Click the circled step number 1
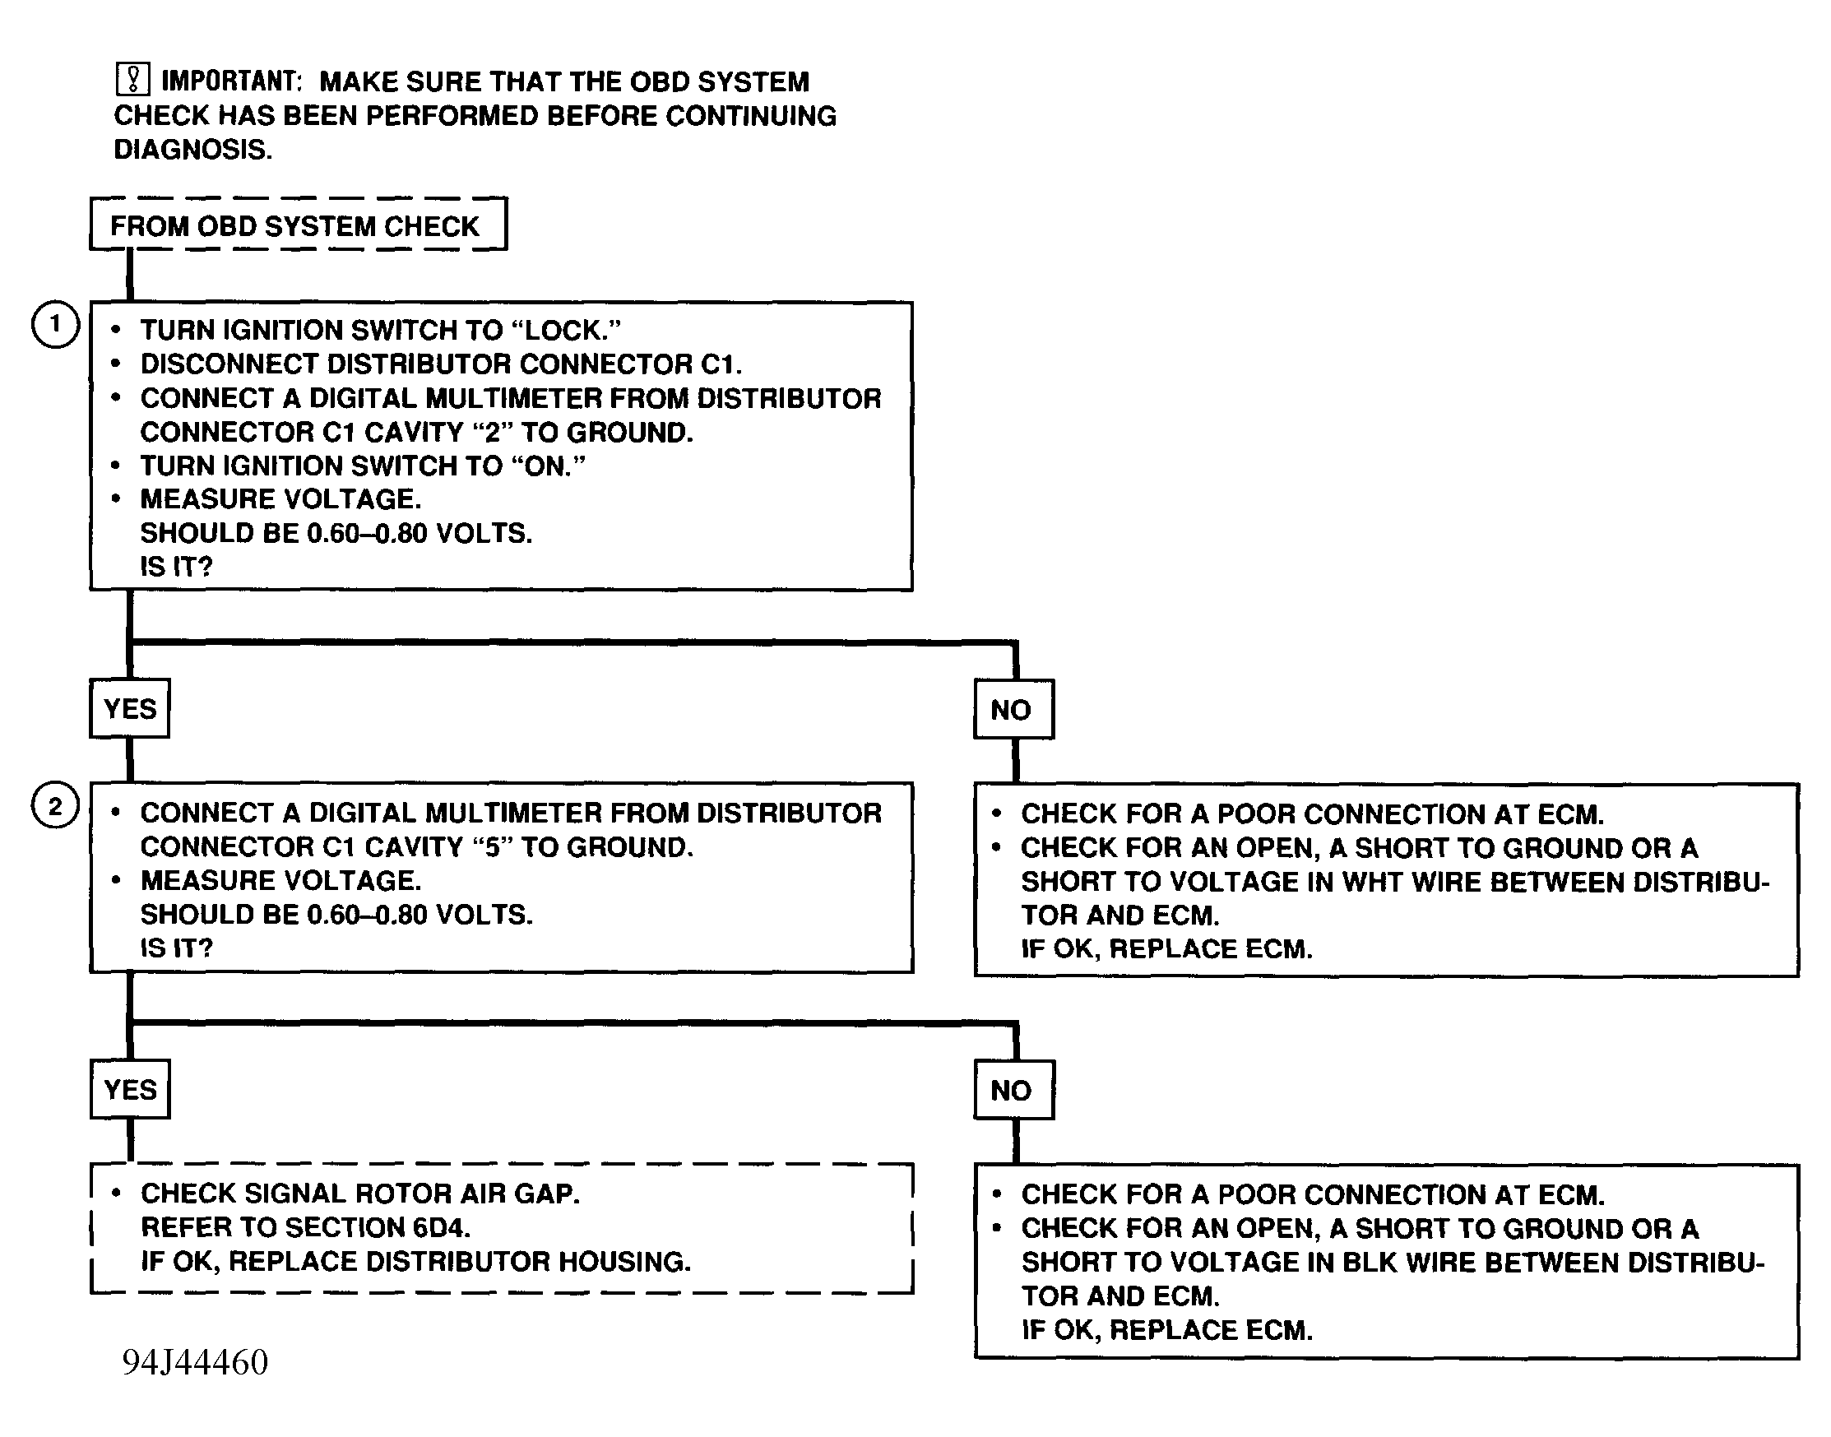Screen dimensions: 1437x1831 [x=56, y=324]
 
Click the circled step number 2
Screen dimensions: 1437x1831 [x=56, y=806]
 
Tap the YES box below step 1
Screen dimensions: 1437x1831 [x=130, y=708]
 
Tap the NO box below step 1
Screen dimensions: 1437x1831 [x=1013, y=709]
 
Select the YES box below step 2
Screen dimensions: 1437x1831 [x=130, y=1090]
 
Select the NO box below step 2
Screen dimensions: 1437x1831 [x=1013, y=1091]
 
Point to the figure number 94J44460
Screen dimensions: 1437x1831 [x=195, y=1362]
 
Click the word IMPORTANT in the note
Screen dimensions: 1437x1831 [x=230, y=81]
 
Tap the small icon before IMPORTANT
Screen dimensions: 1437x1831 [x=132, y=79]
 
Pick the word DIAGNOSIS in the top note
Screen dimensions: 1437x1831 [x=192, y=150]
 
